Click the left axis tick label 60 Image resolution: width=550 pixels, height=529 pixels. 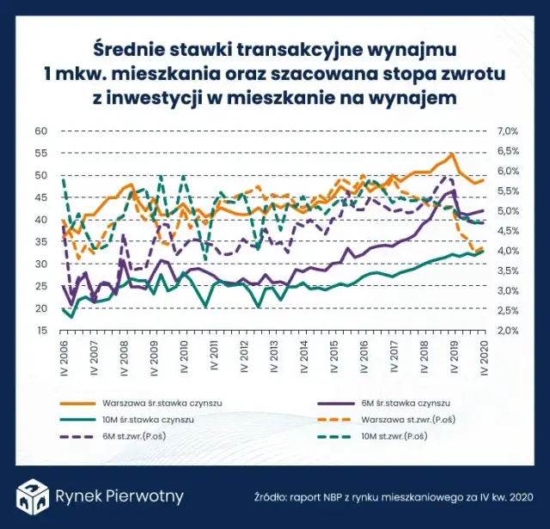coord(40,131)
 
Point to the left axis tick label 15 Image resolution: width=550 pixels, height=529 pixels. coord(40,331)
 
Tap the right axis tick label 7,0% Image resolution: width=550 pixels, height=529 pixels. coord(508,131)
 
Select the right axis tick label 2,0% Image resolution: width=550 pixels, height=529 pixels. coord(508,331)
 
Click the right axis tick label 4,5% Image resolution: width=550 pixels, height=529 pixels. coord(508,231)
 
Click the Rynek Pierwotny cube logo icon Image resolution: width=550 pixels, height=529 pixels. coord(32,496)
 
